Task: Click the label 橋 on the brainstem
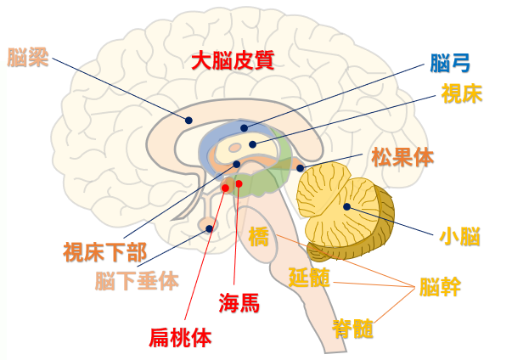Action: coord(259,235)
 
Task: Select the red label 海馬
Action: coord(239,302)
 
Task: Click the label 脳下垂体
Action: coord(137,279)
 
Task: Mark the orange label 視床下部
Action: coord(105,252)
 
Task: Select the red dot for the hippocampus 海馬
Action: coord(239,183)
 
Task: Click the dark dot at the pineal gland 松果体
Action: coord(301,168)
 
